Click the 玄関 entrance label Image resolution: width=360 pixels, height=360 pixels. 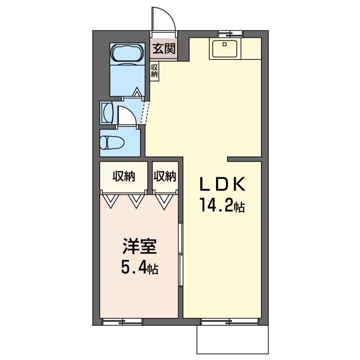tap(164, 49)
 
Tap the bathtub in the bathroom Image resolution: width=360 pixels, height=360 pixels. tap(127, 54)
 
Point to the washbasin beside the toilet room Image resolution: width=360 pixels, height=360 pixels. tap(107, 112)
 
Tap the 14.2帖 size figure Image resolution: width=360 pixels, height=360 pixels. tap(222, 206)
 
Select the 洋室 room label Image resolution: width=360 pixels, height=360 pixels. tap(139, 247)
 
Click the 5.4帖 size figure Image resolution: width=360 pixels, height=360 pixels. tap(139, 268)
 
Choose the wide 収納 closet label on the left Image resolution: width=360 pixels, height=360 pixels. tap(124, 177)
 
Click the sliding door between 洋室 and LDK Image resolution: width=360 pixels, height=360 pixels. tap(181, 253)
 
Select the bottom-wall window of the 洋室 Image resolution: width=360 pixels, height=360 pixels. tap(122, 322)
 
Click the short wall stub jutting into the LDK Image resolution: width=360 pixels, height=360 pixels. tap(244, 158)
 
